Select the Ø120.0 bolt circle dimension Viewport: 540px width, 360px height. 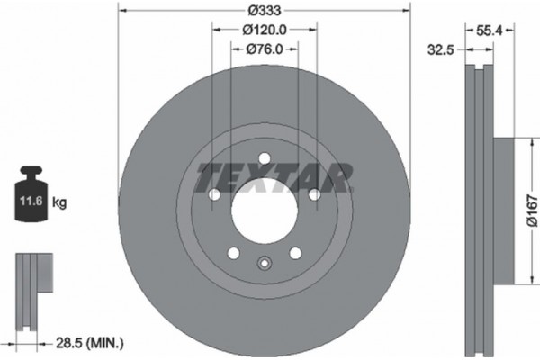(265, 31)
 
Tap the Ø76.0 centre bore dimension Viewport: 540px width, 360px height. (265, 50)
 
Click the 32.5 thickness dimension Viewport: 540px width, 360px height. (439, 50)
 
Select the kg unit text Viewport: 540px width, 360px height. (60, 203)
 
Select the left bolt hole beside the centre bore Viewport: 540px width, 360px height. (214, 195)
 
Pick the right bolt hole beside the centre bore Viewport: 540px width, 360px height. (315, 195)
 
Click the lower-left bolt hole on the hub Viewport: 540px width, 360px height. (233, 255)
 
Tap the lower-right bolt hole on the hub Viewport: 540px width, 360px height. (296, 255)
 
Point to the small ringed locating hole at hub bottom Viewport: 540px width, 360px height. (265, 264)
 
